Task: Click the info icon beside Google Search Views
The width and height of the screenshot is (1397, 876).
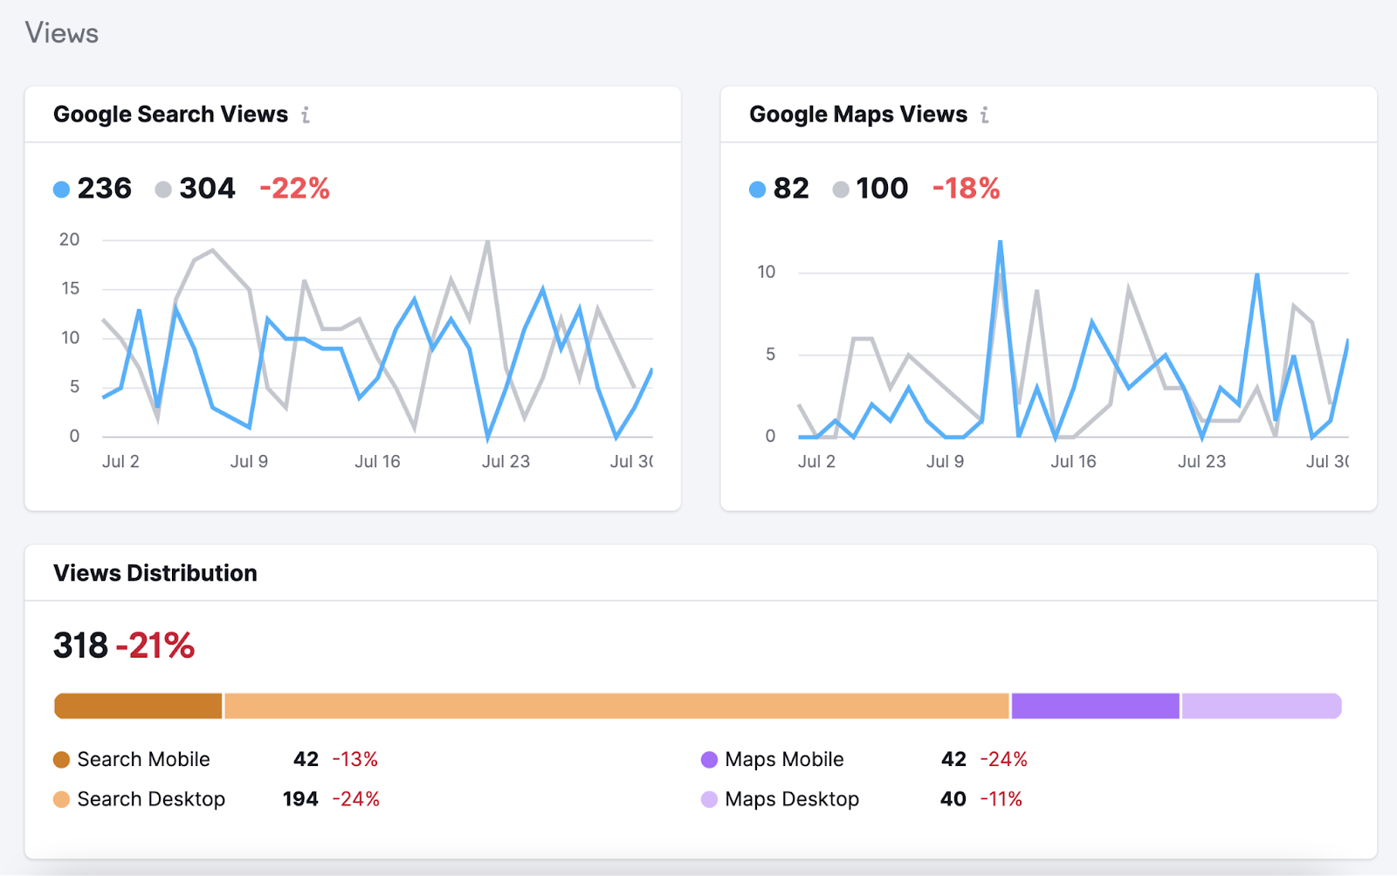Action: [306, 115]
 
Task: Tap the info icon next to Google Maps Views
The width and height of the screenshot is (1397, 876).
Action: [984, 115]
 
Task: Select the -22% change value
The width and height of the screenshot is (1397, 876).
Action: [294, 189]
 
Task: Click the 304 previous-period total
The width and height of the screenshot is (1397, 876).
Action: [207, 189]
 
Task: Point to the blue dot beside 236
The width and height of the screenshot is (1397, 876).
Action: [61, 189]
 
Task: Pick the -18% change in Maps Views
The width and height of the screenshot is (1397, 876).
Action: [966, 189]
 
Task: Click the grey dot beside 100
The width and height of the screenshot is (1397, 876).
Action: [840, 189]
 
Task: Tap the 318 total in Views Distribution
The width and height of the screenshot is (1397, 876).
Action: [80, 645]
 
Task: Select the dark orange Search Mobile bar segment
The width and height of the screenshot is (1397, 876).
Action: [138, 706]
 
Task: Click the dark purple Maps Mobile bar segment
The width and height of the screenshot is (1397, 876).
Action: [1095, 706]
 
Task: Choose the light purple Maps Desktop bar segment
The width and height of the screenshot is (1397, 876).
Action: [1262, 706]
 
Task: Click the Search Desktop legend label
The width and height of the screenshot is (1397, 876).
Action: [151, 799]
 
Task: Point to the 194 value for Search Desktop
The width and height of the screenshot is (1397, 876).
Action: [300, 799]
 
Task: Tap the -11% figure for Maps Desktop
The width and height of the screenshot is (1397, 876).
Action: [1001, 799]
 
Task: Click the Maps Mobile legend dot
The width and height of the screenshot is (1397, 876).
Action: [709, 759]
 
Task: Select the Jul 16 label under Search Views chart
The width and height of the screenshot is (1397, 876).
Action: [377, 462]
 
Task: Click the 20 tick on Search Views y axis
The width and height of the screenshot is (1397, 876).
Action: [69, 239]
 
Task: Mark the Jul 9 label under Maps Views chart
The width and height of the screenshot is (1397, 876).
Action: [945, 462]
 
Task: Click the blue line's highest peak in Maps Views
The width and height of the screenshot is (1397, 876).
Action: [1000, 241]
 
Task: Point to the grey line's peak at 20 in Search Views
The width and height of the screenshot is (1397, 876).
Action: [487, 241]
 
